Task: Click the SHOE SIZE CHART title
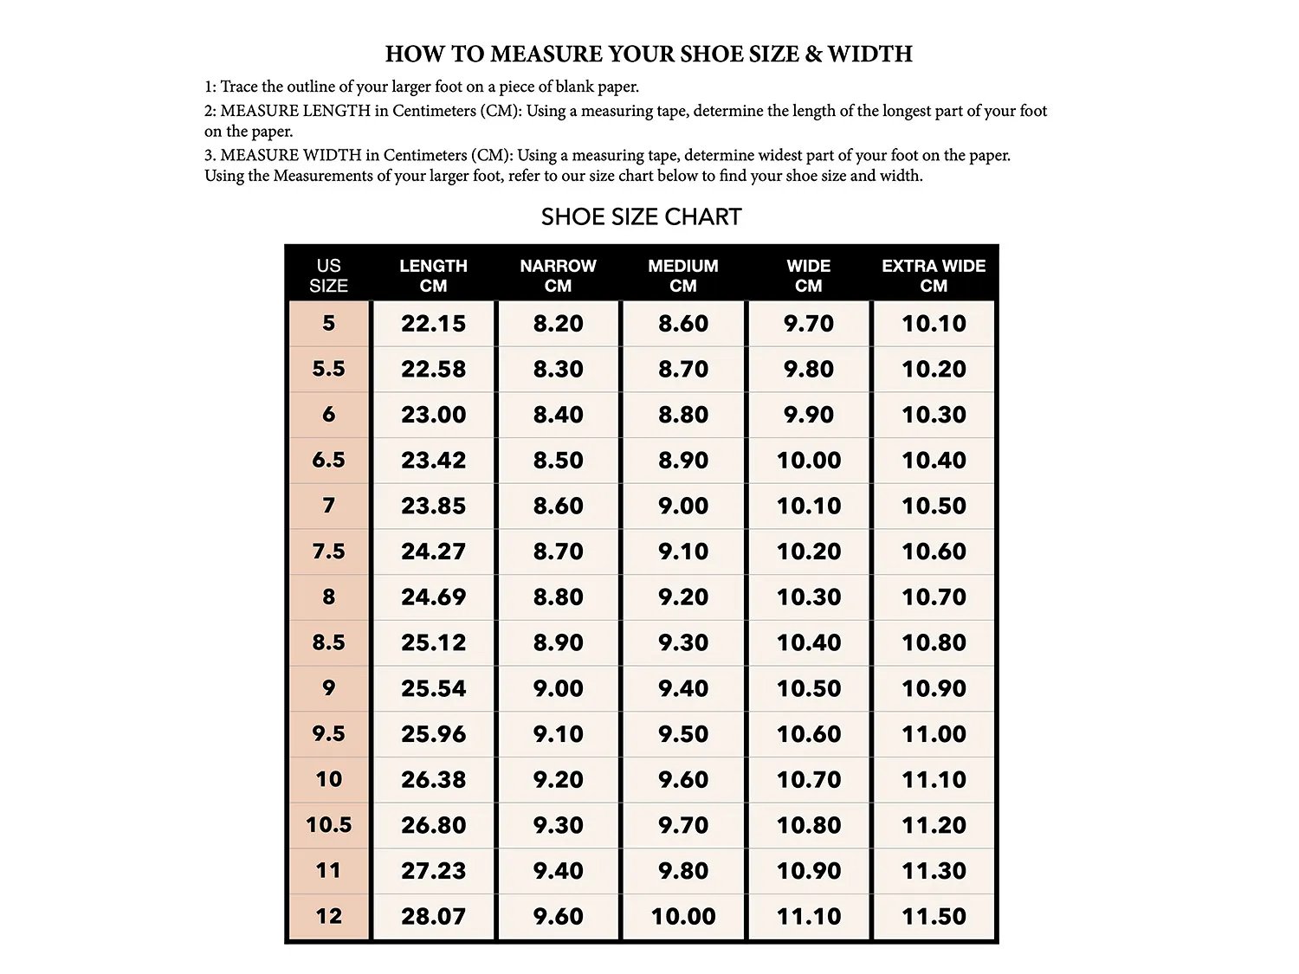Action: point(641,216)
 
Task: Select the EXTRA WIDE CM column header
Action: point(934,275)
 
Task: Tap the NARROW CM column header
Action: point(558,275)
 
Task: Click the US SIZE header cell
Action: point(328,275)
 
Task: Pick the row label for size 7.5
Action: point(328,552)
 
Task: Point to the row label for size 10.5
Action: point(328,825)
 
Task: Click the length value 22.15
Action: point(433,324)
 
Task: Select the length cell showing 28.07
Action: point(433,916)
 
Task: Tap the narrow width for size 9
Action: point(558,688)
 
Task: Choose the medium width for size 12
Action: point(683,916)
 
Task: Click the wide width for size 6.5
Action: point(808,461)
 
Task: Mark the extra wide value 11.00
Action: point(934,734)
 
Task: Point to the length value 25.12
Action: point(433,642)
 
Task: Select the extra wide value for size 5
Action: point(934,324)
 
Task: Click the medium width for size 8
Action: point(683,597)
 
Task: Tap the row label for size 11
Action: point(328,871)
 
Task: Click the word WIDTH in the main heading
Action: point(869,55)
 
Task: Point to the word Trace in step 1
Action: point(239,87)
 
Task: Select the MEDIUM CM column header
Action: point(683,275)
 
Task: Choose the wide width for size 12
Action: point(808,916)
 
